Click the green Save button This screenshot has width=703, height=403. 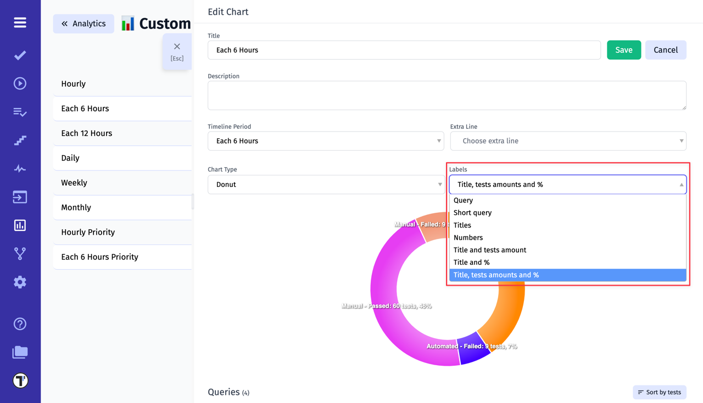click(623, 50)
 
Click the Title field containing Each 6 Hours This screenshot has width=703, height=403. click(404, 50)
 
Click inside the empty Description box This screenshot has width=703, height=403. click(447, 95)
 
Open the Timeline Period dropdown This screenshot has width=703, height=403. click(326, 141)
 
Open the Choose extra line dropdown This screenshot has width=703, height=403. click(568, 141)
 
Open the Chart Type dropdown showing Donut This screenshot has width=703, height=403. click(326, 185)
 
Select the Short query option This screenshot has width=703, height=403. click(472, 213)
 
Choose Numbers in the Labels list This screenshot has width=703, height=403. click(468, 237)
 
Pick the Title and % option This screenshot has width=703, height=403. click(471, 263)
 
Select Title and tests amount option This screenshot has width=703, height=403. click(489, 250)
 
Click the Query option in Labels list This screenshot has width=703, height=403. click(463, 201)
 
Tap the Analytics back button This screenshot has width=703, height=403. click(83, 24)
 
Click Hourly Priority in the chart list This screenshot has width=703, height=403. click(88, 232)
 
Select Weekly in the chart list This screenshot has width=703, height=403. click(74, 183)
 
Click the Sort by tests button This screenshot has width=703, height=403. click(659, 393)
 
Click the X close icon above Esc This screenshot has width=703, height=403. click(177, 47)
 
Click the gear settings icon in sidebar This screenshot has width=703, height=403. click(20, 282)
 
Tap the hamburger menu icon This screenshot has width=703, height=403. click(20, 22)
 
